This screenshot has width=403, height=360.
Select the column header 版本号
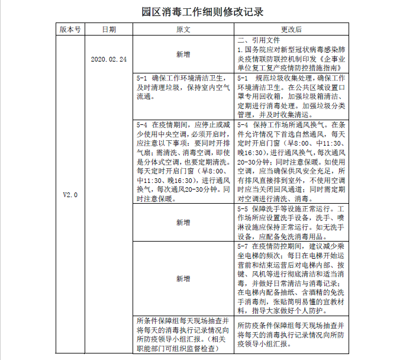70,29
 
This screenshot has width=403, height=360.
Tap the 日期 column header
109,29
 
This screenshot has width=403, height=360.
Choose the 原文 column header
183,29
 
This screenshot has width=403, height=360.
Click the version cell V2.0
70,194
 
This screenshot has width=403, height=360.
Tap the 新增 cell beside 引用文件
183,54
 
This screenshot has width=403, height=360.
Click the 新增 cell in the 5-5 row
183,222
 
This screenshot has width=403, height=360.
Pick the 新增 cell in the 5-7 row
183,278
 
